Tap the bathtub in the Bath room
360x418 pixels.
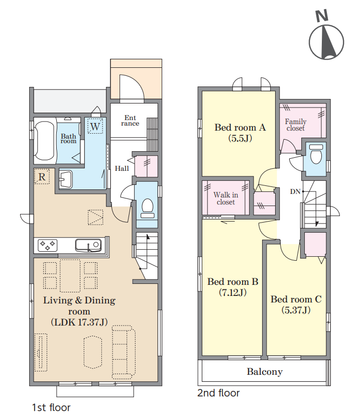(45, 141)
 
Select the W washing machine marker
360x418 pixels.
(95, 127)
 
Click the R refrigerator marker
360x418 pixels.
(42, 177)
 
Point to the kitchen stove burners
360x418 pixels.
(48, 246)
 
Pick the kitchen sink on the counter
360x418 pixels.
(88, 245)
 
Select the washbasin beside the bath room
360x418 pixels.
(66, 179)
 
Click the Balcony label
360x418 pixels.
(265, 372)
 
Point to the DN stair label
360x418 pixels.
(295, 191)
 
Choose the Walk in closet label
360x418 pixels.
(226, 198)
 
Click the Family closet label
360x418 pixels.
(296, 125)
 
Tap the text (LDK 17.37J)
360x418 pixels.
(79, 322)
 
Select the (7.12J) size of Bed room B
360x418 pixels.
(232, 293)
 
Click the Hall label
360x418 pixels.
(122, 168)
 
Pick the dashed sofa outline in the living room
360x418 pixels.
(124, 352)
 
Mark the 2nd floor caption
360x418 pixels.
(218, 393)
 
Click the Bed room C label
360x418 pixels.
(296, 299)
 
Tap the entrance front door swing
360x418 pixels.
(132, 88)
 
